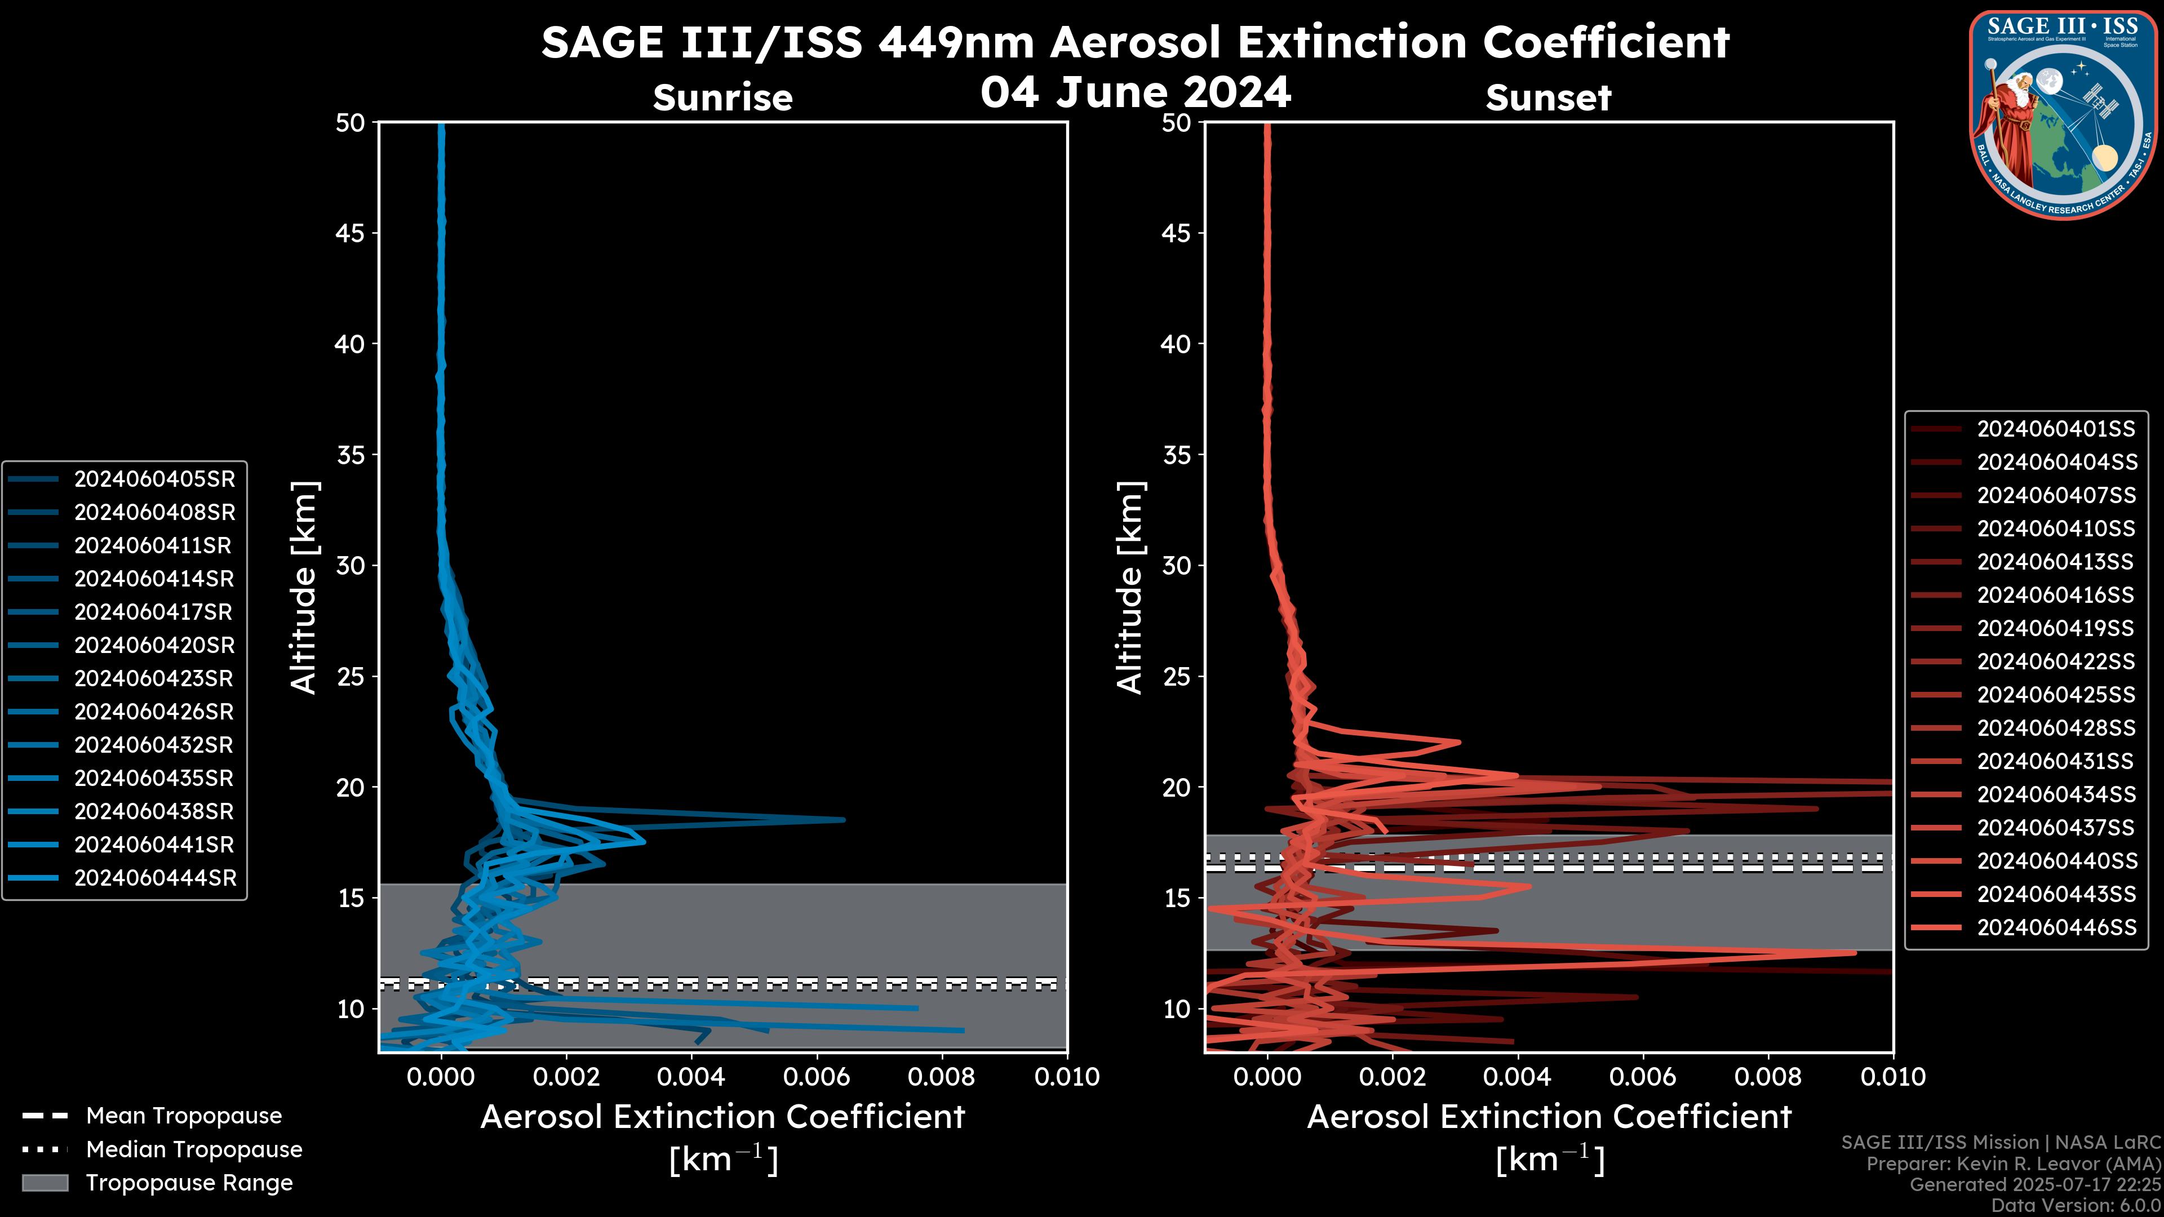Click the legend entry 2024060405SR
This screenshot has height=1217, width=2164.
pyautogui.click(x=154, y=479)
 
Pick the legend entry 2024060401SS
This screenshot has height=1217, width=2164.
pyautogui.click(x=2055, y=429)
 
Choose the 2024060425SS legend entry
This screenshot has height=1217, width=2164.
pyautogui.click(x=2055, y=695)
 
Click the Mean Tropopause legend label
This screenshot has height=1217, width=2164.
pyautogui.click(x=183, y=1116)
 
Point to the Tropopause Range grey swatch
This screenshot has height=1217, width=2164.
pyautogui.click(x=45, y=1183)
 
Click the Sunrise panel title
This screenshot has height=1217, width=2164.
pyautogui.click(x=722, y=98)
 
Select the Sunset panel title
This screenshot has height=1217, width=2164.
pyautogui.click(x=1547, y=98)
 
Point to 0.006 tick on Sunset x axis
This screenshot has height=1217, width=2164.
pyautogui.click(x=1643, y=1077)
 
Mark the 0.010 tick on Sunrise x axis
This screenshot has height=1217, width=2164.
pyautogui.click(x=1067, y=1077)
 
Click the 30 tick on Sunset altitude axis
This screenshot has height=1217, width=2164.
pyautogui.click(x=1176, y=565)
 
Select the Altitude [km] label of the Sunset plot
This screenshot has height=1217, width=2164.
pyautogui.click(x=1130, y=587)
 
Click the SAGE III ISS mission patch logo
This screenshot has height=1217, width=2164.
pyautogui.click(x=2063, y=114)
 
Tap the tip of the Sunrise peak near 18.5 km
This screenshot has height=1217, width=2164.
pyautogui.click(x=844, y=819)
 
